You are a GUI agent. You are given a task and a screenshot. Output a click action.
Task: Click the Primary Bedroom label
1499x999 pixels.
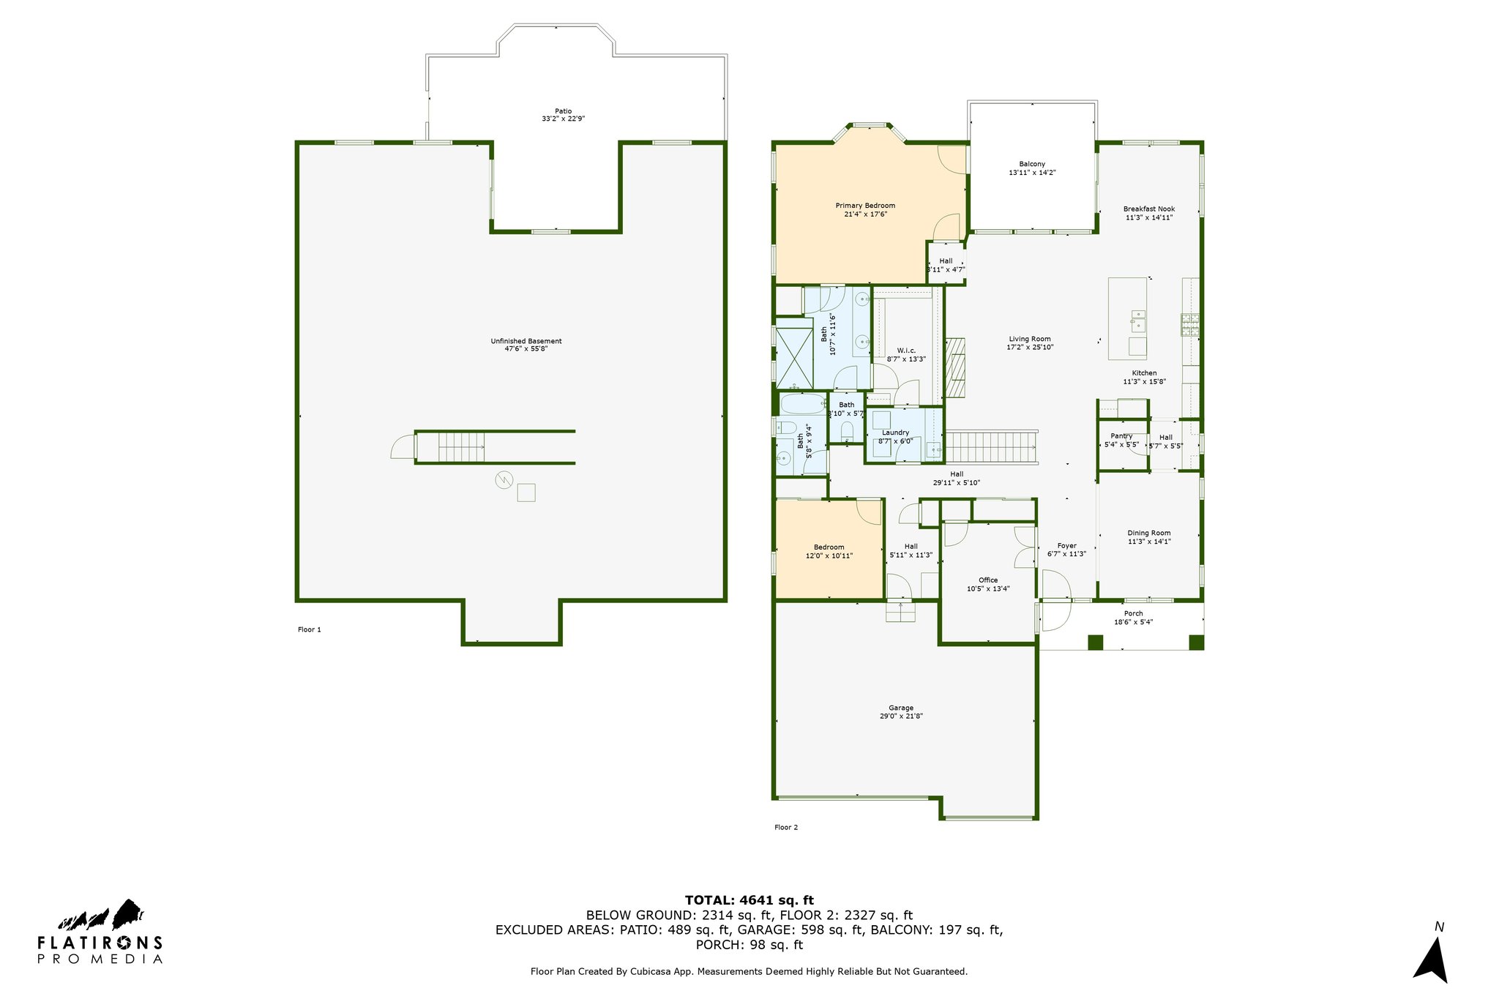(865, 206)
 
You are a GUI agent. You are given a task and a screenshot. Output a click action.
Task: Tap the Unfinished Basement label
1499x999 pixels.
(526, 341)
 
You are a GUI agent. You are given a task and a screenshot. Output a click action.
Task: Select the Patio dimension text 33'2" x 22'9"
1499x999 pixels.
(563, 119)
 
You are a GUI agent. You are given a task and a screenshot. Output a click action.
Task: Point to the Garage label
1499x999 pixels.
(901, 708)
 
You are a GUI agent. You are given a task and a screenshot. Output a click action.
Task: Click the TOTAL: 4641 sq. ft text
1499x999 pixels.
(749, 900)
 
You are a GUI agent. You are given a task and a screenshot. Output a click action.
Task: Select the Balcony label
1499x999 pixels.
(1032, 164)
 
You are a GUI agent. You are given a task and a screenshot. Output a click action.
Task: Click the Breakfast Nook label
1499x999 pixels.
(1149, 209)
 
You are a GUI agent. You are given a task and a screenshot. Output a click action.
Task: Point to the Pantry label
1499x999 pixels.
(1121, 436)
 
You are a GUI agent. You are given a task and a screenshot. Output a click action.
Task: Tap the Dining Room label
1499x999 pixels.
(1149, 533)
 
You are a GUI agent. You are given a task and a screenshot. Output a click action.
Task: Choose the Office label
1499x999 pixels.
(988, 580)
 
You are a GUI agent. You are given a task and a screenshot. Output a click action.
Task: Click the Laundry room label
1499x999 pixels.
(896, 433)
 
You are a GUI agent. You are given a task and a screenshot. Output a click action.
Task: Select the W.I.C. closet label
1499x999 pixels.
(906, 351)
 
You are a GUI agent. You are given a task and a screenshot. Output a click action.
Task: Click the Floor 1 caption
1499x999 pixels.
(310, 629)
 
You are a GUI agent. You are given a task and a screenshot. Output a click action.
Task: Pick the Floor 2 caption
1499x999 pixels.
(786, 827)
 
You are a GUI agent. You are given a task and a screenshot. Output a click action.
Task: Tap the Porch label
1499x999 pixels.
(1133, 613)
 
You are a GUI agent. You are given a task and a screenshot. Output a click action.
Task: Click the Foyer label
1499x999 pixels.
(1066, 545)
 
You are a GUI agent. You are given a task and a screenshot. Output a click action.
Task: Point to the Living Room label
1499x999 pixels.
(1030, 339)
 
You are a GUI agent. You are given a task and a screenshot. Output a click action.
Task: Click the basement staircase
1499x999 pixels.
(462, 447)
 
